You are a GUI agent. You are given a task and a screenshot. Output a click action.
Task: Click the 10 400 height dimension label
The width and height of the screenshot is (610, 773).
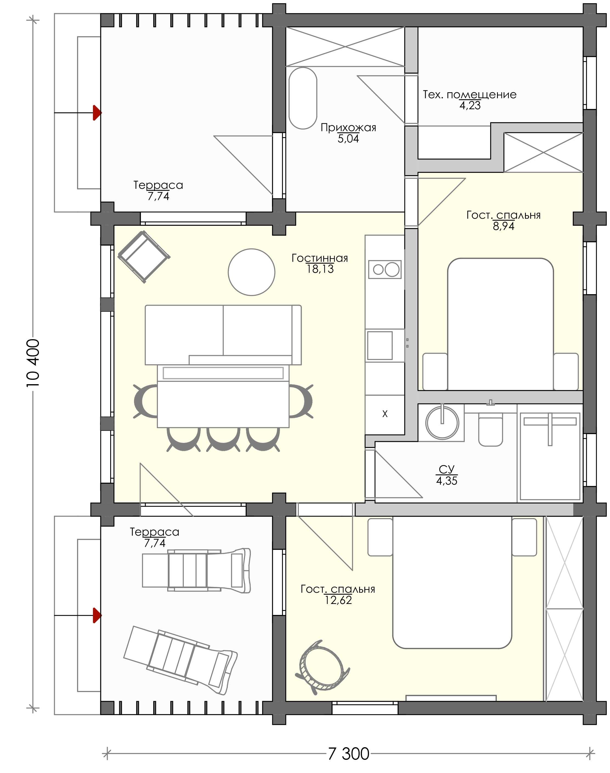click(x=33, y=363)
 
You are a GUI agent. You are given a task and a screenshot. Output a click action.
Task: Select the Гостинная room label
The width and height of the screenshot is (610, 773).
click(x=320, y=258)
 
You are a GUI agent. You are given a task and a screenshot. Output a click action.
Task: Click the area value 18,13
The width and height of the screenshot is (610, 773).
click(x=320, y=269)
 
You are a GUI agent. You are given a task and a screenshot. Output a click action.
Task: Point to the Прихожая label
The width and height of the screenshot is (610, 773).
click(x=348, y=128)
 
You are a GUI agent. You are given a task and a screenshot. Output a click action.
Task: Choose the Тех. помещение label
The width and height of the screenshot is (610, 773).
click(x=470, y=95)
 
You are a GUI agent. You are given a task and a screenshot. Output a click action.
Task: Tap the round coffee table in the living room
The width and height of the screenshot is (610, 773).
click(x=251, y=272)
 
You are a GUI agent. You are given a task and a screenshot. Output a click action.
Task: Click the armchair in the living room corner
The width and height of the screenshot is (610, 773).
click(x=144, y=257)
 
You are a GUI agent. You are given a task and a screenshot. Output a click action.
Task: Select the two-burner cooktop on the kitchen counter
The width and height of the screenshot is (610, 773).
click(x=385, y=269)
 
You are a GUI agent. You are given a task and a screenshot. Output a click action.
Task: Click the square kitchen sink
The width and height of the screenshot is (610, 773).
click(x=380, y=345)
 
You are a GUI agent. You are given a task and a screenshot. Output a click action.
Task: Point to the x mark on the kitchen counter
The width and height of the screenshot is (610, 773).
click(x=385, y=414)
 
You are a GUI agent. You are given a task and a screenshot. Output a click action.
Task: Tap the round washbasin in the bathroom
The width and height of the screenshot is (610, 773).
click(x=442, y=423)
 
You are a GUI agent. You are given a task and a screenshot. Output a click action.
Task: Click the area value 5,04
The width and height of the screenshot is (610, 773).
click(x=348, y=139)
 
